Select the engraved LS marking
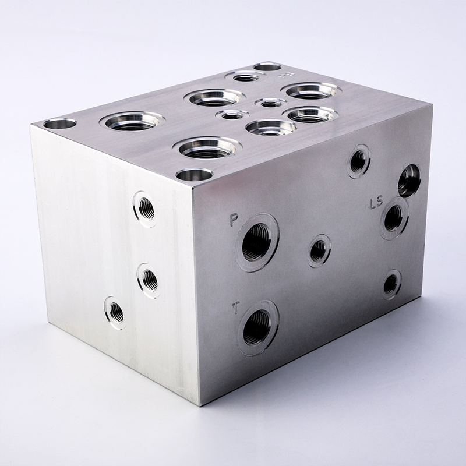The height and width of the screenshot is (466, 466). point(376,203)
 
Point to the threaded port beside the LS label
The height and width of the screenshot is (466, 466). point(394,218)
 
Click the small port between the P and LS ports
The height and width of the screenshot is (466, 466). point(319,250)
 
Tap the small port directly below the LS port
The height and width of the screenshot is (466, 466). point(391,284)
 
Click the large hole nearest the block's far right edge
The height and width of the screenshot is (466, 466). point(409,181)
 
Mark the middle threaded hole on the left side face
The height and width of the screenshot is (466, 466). point(149,280)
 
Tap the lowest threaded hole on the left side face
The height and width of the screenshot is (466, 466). point(115,313)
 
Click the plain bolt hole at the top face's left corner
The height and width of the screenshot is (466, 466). point(59,123)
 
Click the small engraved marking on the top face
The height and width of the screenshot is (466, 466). point(285,75)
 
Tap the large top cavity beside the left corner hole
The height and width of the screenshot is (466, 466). point(131,121)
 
